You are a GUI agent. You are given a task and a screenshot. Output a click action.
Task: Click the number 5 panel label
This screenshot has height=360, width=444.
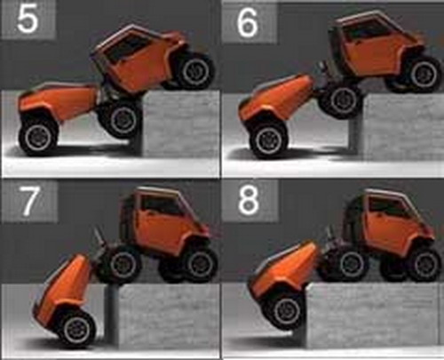[x=28, y=20]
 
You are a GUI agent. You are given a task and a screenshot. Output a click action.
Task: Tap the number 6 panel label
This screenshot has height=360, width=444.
[x=248, y=22]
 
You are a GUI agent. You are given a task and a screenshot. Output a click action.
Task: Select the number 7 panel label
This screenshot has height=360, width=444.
[x=29, y=202]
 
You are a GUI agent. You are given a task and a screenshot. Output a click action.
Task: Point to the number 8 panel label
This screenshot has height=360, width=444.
[x=249, y=201]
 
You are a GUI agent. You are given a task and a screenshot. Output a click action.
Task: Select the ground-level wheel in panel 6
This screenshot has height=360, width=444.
[x=268, y=140]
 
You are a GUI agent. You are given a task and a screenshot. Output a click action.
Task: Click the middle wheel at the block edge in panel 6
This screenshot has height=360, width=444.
[x=340, y=100]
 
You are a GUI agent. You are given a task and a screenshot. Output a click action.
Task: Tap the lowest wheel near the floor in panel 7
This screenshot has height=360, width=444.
[x=75, y=328]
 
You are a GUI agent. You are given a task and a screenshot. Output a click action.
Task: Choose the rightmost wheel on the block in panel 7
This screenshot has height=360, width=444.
[x=197, y=264]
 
